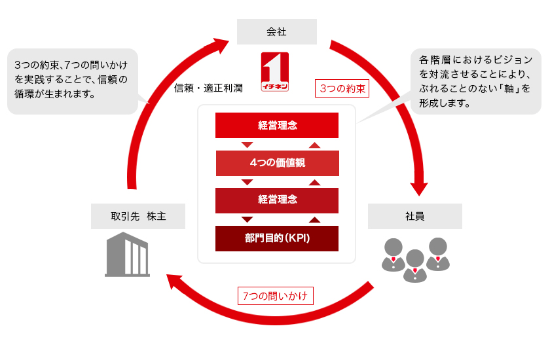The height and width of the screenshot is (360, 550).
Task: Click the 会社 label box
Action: click(x=276, y=31)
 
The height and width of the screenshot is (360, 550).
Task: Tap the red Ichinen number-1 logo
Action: click(x=275, y=72)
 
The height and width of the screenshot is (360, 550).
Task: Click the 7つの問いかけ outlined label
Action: click(x=275, y=295)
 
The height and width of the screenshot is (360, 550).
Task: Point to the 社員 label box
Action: click(x=414, y=216)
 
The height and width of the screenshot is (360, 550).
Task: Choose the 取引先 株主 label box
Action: click(x=138, y=216)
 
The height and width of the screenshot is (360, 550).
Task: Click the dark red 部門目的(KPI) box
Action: click(x=277, y=238)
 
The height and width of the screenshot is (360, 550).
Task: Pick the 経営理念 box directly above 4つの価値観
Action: click(x=277, y=125)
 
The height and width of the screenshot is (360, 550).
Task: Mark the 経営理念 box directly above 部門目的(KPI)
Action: click(x=277, y=200)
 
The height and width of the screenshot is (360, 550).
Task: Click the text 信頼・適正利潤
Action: click(x=208, y=88)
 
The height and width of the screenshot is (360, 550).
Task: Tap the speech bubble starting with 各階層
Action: click(x=475, y=81)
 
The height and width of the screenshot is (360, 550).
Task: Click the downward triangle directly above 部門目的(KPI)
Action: click(x=247, y=219)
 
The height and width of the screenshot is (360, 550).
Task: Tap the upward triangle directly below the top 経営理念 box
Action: click(x=314, y=145)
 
